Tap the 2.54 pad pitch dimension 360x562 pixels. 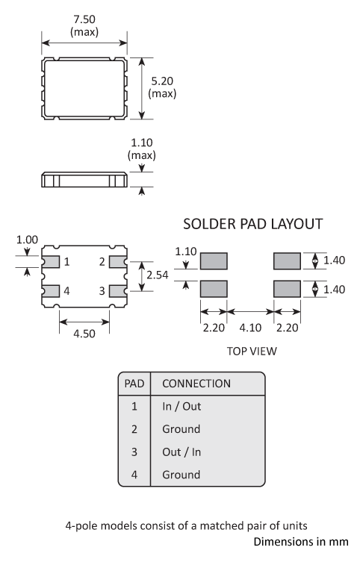pos(156,275)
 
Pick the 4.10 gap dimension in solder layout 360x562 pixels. pos(250,325)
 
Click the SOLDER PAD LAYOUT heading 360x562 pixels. pos(253,224)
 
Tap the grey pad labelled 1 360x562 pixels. pos(51,261)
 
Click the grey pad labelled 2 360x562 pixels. pos(118,261)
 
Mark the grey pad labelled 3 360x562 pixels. pos(118,290)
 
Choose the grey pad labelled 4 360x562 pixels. pos(51,290)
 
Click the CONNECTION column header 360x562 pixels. pos(196,384)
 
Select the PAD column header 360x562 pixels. pos(134,384)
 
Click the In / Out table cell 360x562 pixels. pos(181,407)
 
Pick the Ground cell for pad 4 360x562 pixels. pos(181,474)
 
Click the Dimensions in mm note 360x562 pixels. pos(300,541)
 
